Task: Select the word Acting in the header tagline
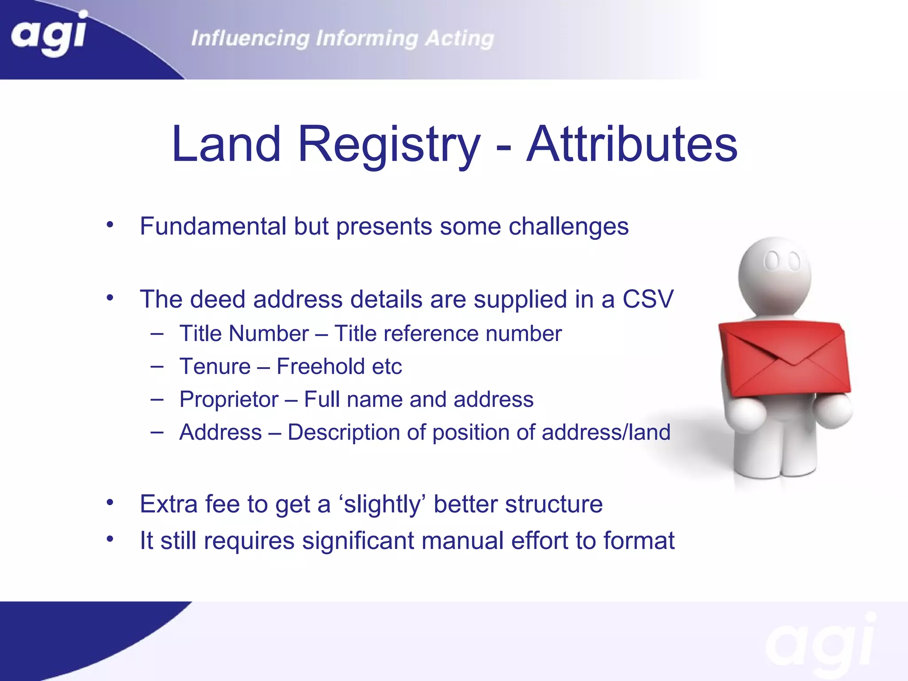coord(459,39)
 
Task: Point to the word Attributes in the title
coord(632,144)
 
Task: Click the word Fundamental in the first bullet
coord(213,226)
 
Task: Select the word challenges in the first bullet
coord(568,227)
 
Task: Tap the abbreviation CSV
coord(648,299)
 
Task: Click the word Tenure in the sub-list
coord(215,367)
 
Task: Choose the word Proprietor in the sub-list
coord(229,399)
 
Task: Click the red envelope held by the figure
coord(785,359)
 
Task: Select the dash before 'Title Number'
coord(157,333)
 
